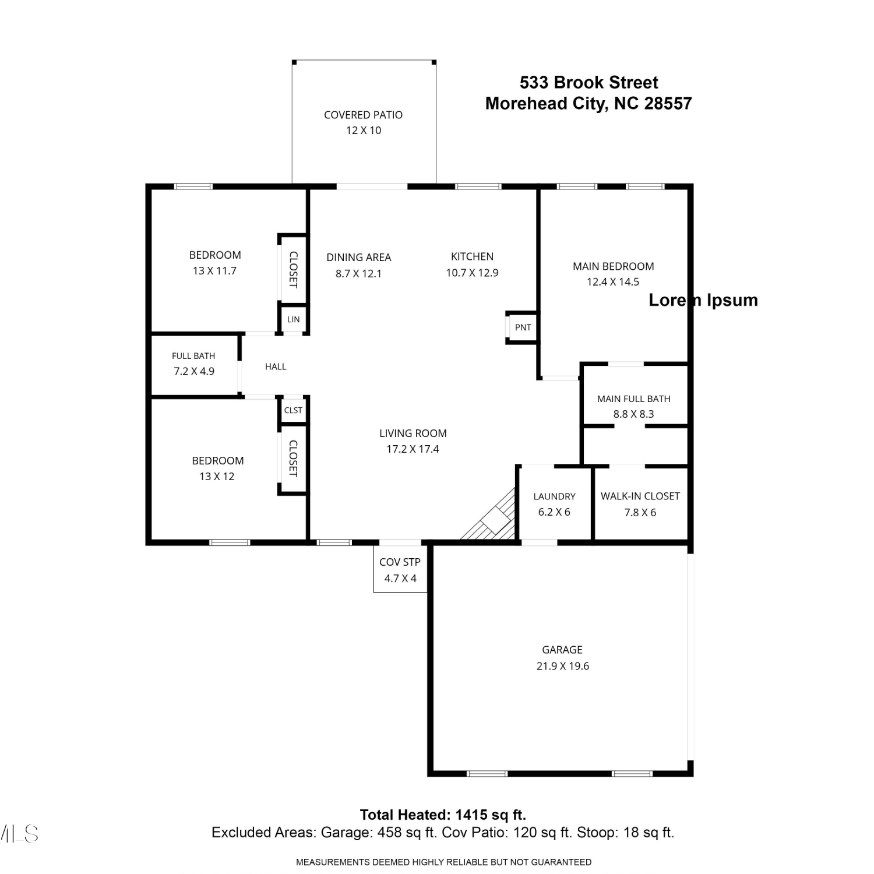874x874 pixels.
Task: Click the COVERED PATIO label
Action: click(x=363, y=115)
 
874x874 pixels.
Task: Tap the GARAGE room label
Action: click(x=562, y=650)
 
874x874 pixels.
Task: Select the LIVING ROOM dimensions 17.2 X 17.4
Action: click(x=413, y=449)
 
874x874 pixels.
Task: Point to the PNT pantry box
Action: click(x=522, y=327)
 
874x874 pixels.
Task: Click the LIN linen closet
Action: click(x=293, y=319)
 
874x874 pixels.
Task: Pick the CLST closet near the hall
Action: click(x=293, y=410)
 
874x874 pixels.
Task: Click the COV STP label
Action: click(x=400, y=562)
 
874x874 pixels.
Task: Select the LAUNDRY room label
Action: click(x=554, y=496)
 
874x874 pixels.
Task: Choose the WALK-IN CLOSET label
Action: click(x=640, y=496)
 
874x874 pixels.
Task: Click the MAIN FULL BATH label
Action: click(x=633, y=399)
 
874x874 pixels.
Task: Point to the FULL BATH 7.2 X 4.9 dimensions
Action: click(x=194, y=371)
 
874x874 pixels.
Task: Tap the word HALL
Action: click(x=276, y=366)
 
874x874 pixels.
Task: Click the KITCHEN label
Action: click(x=472, y=256)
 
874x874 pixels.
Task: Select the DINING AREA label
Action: click(x=358, y=257)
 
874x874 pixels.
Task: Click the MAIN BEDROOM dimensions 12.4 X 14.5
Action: click(x=613, y=282)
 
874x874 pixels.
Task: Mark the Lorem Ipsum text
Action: click(x=703, y=300)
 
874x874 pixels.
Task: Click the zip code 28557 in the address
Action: click(x=668, y=103)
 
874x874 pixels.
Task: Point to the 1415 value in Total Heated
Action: click(x=471, y=815)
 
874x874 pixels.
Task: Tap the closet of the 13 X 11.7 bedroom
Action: click(x=293, y=269)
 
